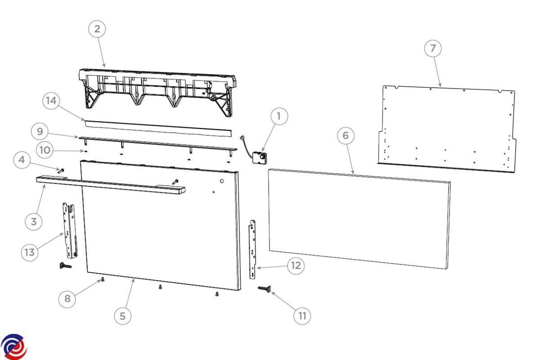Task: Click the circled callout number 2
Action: click(97, 29)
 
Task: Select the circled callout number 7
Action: click(433, 49)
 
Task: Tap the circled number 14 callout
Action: click(51, 101)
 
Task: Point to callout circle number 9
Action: click(40, 132)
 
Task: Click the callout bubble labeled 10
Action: click(45, 150)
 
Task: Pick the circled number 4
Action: click(22, 160)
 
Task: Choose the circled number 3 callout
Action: click(34, 222)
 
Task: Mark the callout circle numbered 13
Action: click(30, 253)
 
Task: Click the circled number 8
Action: click(67, 299)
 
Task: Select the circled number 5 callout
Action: click(123, 316)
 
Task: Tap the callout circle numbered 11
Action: click(302, 316)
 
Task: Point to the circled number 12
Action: click(296, 266)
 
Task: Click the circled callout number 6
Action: click(345, 135)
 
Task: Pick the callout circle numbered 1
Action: click(279, 116)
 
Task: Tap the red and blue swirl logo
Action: click(14, 347)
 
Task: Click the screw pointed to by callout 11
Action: click(265, 289)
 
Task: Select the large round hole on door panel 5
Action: click(222, 181)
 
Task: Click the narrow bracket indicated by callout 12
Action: click(252, 249)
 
